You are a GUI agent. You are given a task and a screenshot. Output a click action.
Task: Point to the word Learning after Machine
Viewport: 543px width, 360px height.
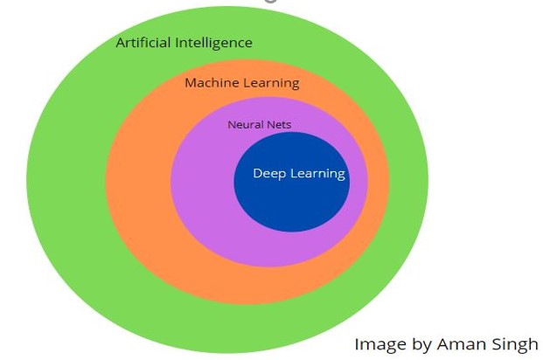(269, 83)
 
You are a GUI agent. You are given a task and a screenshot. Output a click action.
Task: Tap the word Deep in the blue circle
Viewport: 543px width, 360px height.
(268, 174)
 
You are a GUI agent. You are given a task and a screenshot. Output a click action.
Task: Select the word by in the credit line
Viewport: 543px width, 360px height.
(421, 344)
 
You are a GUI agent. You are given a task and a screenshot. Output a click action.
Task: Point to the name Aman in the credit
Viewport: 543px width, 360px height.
(461, 343)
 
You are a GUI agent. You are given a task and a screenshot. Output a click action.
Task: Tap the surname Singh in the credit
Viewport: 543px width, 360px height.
(515, 344)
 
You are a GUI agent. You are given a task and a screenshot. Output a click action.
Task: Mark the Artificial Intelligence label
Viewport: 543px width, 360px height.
(184, 43)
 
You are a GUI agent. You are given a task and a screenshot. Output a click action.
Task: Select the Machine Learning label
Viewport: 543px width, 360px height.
(241, 83)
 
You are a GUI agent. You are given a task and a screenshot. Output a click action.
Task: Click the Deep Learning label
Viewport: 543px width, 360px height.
(299, 174)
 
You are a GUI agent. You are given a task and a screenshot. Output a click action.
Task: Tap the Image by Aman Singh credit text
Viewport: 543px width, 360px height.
(446, 343)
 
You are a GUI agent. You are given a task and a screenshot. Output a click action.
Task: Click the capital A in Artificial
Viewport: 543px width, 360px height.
(121, 43)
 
